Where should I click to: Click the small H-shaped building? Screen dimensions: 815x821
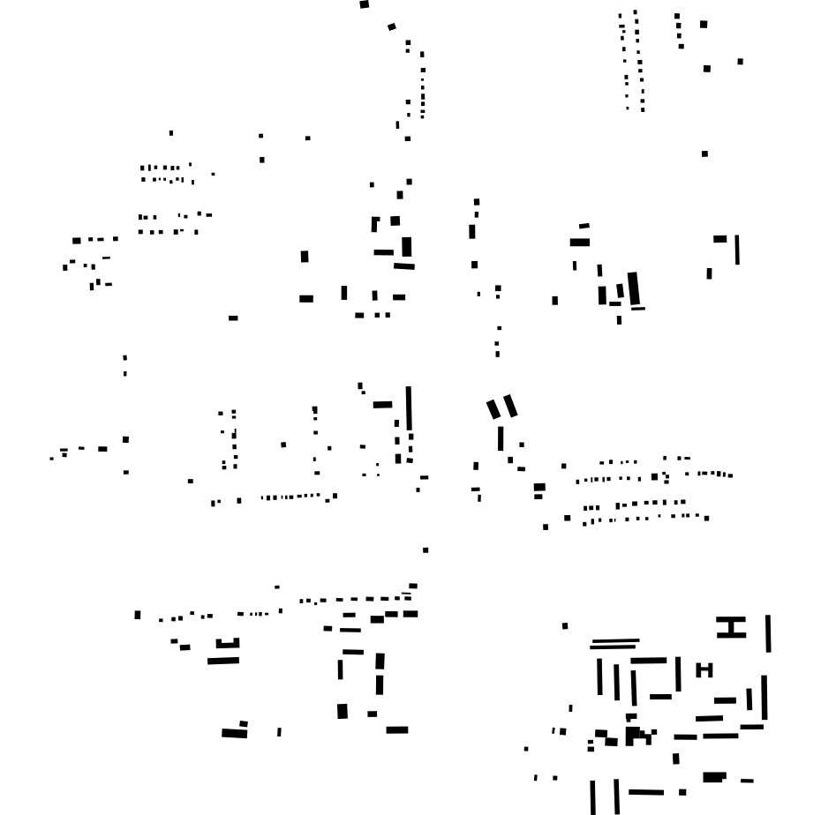(704, 670)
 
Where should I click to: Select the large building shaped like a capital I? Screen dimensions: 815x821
(731, 627)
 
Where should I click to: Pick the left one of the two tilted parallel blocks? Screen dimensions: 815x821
(493, 409)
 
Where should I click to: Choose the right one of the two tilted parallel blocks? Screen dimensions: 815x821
(510, 406)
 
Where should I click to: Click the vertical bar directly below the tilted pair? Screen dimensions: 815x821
(501, 438)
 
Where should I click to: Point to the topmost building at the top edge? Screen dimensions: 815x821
(364, 4)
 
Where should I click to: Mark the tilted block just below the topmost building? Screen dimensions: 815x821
(392, 27)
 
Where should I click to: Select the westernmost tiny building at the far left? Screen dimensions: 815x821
(51, 459)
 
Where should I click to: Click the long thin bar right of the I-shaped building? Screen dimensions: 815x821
(768, 633)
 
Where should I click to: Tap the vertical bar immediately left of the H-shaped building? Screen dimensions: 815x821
(678, 674)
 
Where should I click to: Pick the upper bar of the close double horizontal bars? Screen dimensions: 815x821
(614, 641)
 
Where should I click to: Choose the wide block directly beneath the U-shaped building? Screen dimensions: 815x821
(223, 661)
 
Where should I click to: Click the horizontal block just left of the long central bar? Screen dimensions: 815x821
(382, 405)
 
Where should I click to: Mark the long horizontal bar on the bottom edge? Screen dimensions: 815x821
(646, 793)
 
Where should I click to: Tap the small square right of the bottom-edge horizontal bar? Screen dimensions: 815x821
(682, 792)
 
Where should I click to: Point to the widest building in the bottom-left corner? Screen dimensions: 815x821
(234, 733)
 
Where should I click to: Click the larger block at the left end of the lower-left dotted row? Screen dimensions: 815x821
(138, 615)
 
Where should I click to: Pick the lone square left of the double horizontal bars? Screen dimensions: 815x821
(565, 626)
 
